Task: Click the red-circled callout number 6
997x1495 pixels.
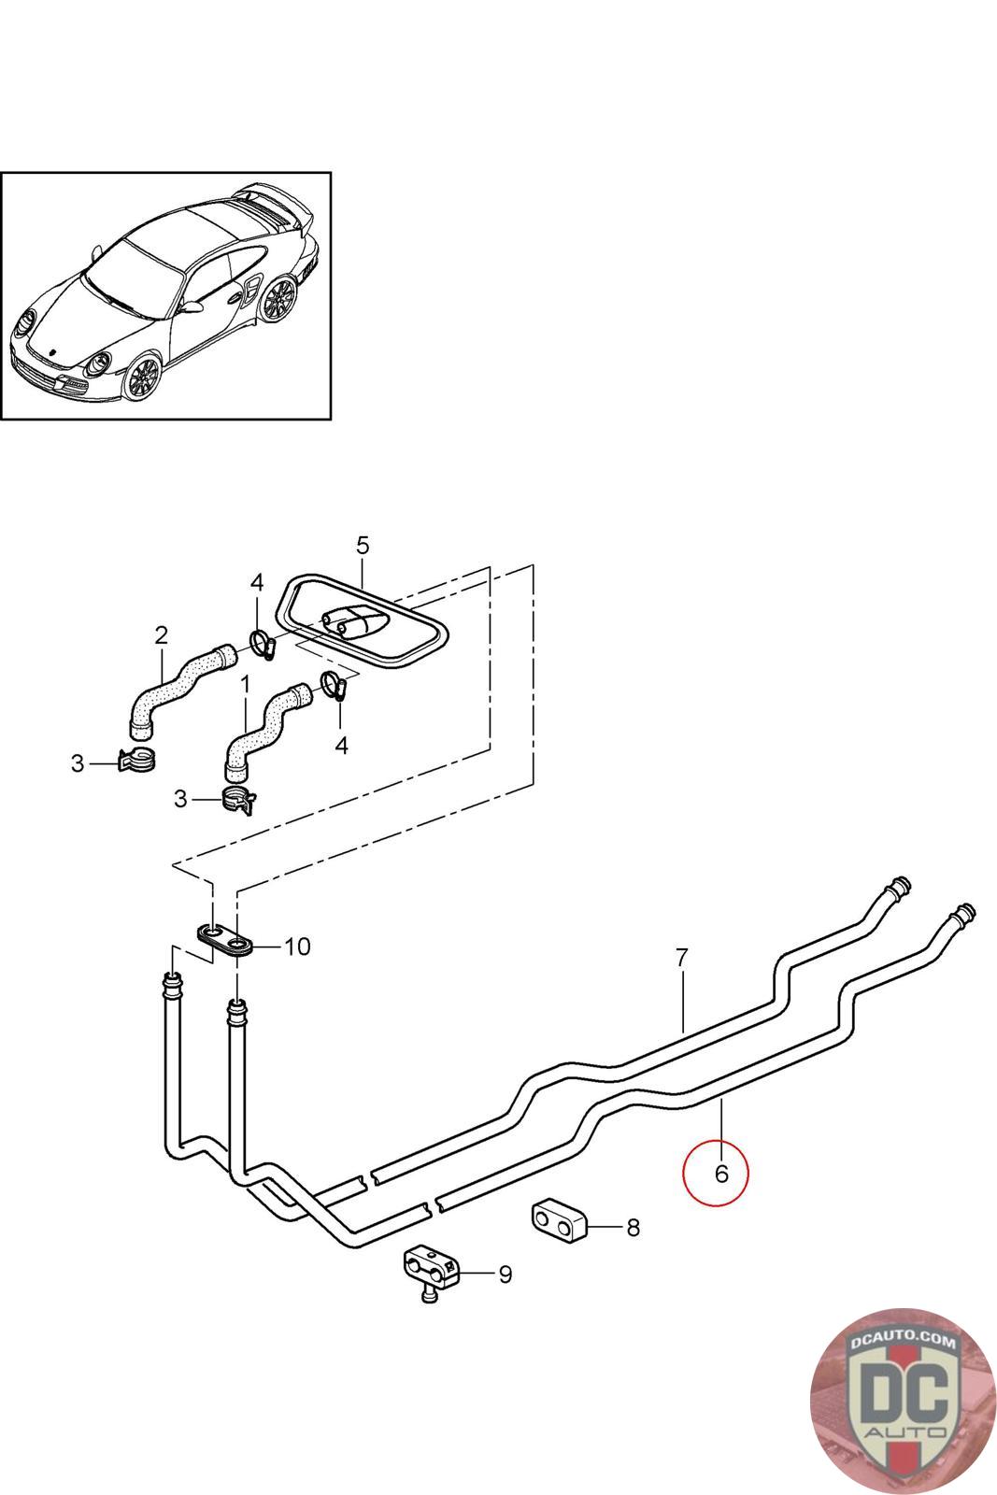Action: pyautogui.click(x=720, y=1173)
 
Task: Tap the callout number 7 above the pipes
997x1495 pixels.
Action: pyautogui.click(x=682, y=957)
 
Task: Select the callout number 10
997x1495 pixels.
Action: pyautogui.click(x=297, y=947)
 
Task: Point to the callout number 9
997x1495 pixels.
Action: pyautogui.click(x=505, y=1274)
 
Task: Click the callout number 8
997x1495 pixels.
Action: pyautogui.click(x=634, y=1227)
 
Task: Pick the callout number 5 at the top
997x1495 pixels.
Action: pyautogui.click(x=363, y=544)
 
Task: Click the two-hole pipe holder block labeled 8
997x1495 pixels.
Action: pyautogui.click(x=558, y=1220)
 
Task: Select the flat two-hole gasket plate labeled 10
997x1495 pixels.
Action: pyautogui.click(x=225, y=939)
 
